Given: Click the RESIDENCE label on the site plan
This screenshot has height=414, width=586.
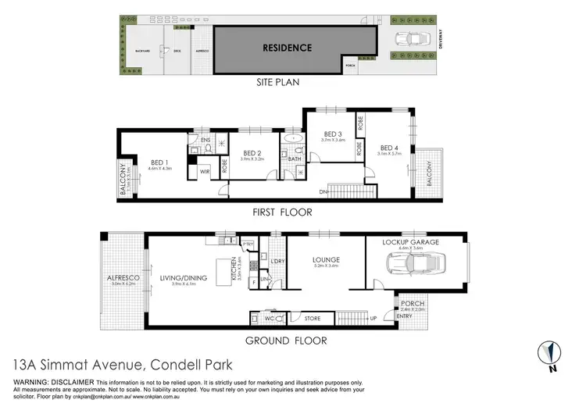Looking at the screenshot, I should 287,48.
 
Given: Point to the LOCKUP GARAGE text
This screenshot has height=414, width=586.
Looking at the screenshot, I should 410,242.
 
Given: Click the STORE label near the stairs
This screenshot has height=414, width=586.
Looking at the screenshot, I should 311,319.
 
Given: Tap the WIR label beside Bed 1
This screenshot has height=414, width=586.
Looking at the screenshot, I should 204,171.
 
